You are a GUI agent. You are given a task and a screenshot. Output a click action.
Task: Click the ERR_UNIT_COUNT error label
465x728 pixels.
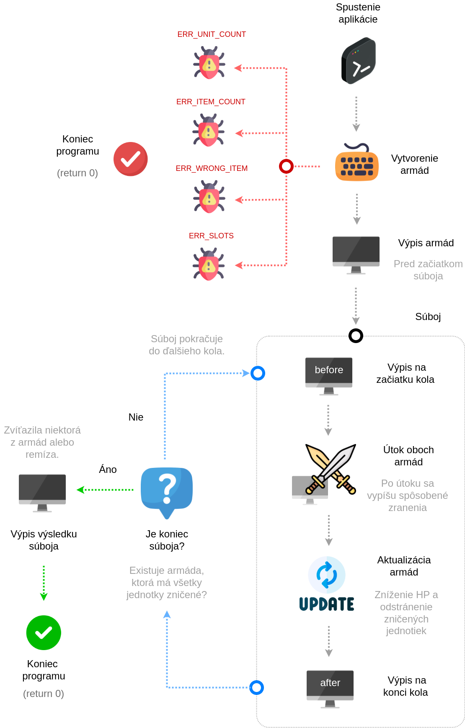click(x=212, y=34)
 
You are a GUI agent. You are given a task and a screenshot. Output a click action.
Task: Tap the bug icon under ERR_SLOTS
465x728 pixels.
click(x=209, y=264)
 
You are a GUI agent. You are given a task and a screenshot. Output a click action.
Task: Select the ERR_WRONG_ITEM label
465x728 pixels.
click(x=212, y=168)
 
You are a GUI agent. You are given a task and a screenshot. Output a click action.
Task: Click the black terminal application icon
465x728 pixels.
click(x=358, y=61)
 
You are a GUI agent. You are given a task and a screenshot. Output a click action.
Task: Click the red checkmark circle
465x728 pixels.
click(x=131, y=159)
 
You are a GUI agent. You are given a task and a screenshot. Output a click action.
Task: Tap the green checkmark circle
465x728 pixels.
click(x=44, y=632)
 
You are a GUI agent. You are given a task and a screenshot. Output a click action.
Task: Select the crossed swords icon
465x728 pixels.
click(x=331, y=469)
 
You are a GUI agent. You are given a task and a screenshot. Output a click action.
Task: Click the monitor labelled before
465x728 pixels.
click(x=329, y=376)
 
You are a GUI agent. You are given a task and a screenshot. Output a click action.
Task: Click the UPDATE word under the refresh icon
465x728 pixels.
click(x=327, y=604)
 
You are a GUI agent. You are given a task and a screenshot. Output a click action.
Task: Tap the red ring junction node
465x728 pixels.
click(x=286, y=166)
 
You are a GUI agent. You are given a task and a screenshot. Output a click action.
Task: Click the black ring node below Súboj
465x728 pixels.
click(x=356, y=336)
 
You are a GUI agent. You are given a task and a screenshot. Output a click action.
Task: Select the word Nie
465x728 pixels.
click(x=136, y=417)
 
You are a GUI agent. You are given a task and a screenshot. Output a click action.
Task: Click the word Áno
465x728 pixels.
click(x=108, y=469)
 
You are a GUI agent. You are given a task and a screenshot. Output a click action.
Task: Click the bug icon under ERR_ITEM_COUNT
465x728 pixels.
click(x=209, y=130)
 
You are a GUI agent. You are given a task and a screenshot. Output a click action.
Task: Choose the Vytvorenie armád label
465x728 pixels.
click(x=415, y=164)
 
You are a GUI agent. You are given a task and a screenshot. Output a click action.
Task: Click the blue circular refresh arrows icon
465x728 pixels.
click(x=327, y=575)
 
